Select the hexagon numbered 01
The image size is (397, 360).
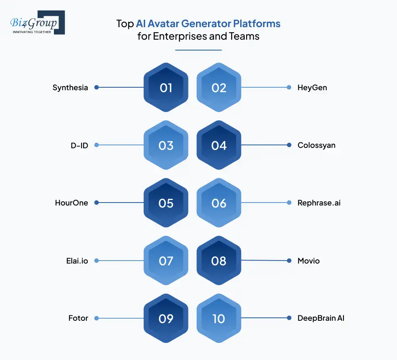(166, 88)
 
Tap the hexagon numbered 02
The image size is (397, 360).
(219, 88)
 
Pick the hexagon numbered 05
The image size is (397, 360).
(166, 203)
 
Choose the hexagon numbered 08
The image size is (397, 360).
(219, 261)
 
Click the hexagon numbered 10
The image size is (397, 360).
(219, 319)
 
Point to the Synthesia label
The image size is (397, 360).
(70, 88)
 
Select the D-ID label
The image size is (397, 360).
(79, 145)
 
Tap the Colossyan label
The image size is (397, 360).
(316, 145)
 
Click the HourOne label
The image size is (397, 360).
(71, 203)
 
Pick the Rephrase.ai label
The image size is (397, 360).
(319, 203)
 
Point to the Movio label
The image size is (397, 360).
(308, 261)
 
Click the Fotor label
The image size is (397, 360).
(78, 318)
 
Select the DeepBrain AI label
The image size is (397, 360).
(321, 318)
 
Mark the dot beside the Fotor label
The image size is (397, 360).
(96, 318)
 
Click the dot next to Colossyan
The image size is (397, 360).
(289, 145)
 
